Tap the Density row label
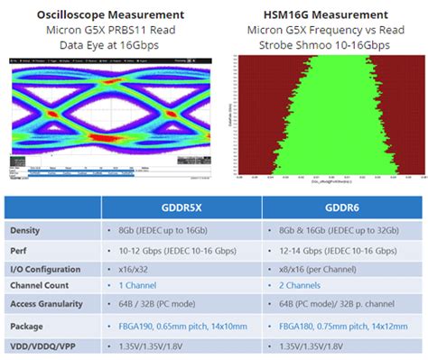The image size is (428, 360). click(27, 231)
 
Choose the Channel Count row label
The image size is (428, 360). click(41, 285)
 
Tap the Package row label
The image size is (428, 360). click(28, 325)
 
